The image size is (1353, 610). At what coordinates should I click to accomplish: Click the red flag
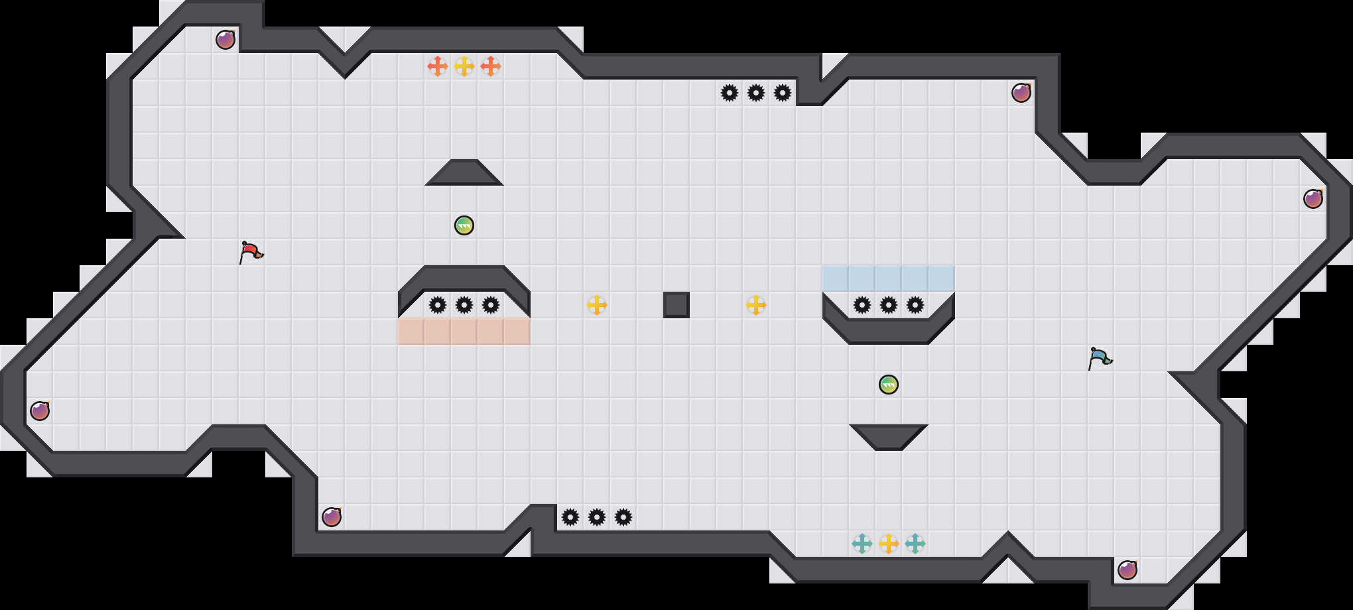point(251,252)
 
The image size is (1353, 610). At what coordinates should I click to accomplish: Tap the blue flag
point(1100,358)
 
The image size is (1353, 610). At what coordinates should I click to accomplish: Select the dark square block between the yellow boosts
point(676,305)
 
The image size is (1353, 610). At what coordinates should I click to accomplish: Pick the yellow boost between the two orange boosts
point(464,66)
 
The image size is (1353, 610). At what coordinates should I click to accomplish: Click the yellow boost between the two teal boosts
point(889,544)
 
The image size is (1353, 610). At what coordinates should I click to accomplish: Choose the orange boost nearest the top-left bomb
point(438,66)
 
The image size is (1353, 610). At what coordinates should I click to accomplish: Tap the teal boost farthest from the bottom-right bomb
point(862,544)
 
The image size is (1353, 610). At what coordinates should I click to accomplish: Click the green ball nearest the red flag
point(464,225)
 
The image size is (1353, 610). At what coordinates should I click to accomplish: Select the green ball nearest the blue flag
point(889,385)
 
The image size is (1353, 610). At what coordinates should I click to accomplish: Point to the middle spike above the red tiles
point(464,305)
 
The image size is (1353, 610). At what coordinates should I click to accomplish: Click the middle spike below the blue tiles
point(889,305)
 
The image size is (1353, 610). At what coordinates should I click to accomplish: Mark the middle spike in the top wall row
point(756,93)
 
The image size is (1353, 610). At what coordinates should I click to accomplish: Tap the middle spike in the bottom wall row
point(597,517)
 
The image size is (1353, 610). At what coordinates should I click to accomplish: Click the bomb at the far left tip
point(40,411)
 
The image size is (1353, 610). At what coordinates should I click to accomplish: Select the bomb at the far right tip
point(1313,199)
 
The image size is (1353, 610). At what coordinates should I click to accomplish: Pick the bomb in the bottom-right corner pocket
point(1127,570)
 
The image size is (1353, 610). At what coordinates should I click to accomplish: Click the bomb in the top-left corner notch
point(225,40)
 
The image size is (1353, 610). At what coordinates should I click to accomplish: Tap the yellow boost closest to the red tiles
point(597,305)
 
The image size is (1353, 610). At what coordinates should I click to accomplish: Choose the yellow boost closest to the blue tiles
point(756,305)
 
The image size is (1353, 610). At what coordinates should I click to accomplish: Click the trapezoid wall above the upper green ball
point(464,174)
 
